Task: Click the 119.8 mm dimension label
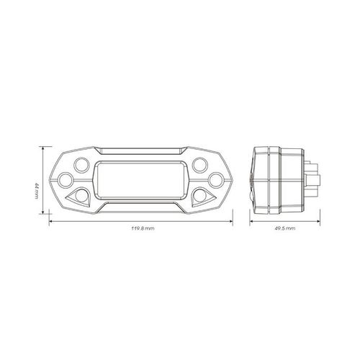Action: click(143, 228)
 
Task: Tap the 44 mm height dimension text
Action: click(37, 191)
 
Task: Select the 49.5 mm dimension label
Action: click(285, 228)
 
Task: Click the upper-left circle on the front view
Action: click(81, 165)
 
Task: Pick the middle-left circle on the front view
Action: click(66, 180)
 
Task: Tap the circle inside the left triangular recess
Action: click(81, 196)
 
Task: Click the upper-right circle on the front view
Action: click(200, 165)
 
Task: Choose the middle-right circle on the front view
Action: click(216, 180)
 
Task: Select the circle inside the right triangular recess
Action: click(199, 196)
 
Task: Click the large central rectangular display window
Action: click(141, 180)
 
